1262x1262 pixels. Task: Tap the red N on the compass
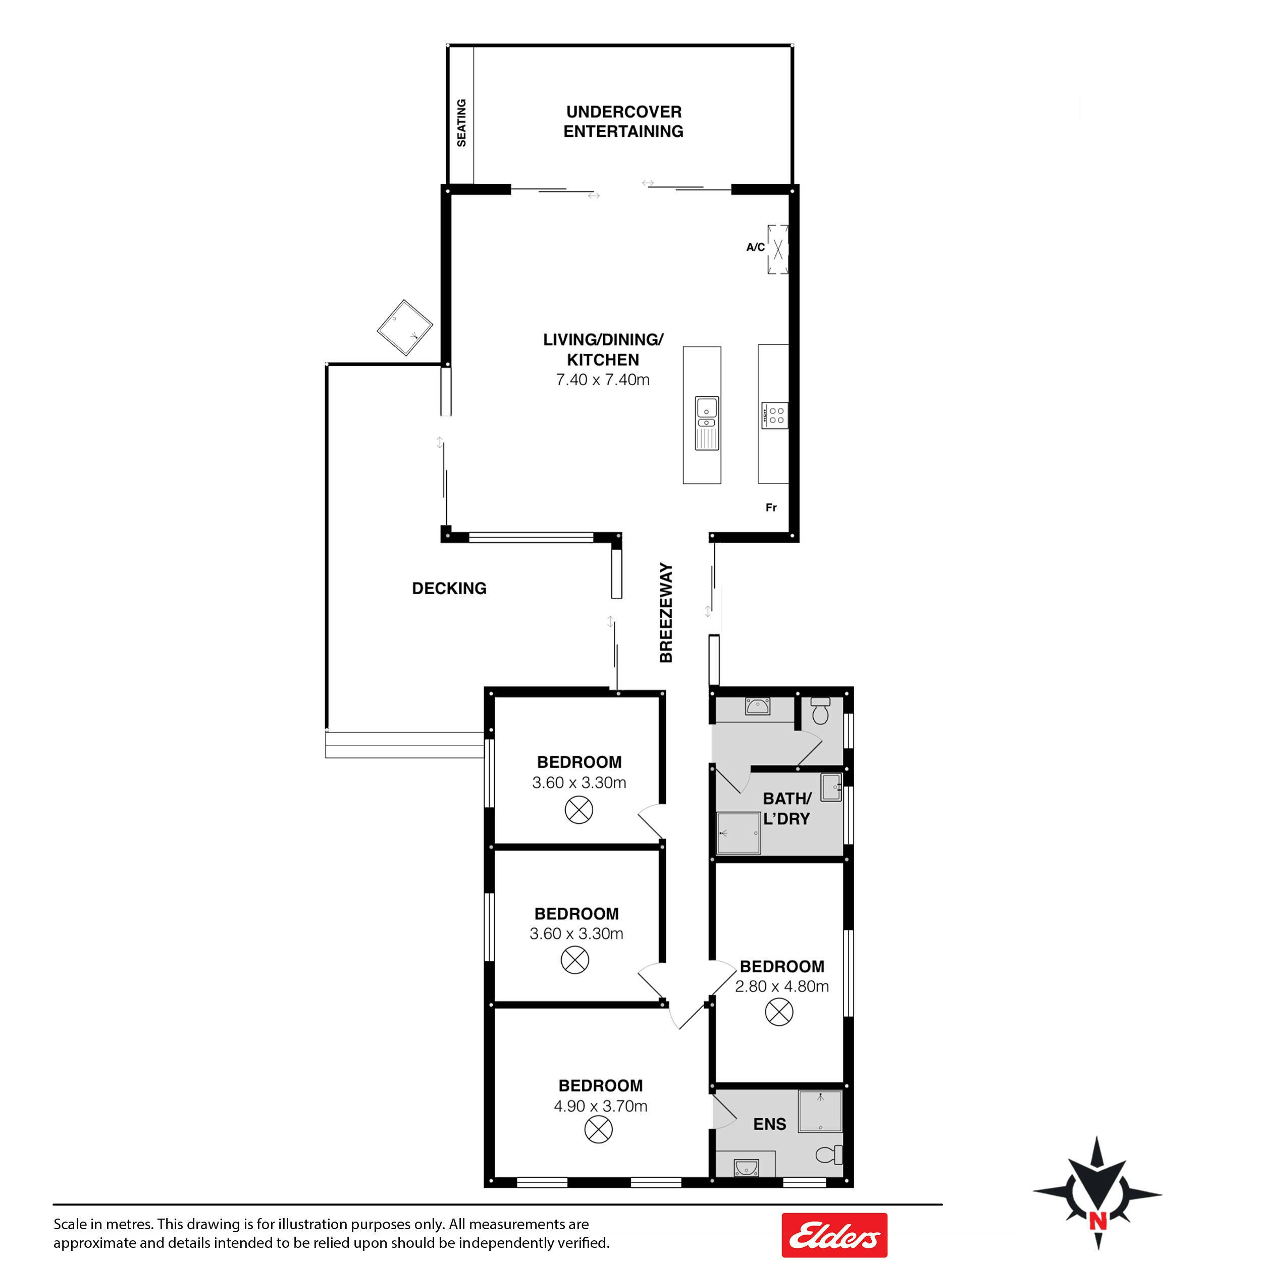pos(1098,1220)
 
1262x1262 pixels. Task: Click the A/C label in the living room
pos(755,247)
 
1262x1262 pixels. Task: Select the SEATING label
pos(461,123)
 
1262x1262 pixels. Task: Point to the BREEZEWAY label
pos(666,613)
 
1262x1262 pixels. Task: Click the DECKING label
pos(449,589)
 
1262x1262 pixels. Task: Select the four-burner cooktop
pos(775,415)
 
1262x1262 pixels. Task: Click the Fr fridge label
pos(771,507)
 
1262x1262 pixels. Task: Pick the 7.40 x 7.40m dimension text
pos(602,380)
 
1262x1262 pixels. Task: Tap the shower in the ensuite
pos(820,1111)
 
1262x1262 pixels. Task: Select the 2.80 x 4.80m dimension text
pos(781,986)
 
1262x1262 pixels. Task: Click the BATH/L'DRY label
pos(786,808)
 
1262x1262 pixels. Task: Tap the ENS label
pos(769,1124)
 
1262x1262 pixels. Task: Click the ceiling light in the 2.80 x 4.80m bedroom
pos(778,1013)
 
